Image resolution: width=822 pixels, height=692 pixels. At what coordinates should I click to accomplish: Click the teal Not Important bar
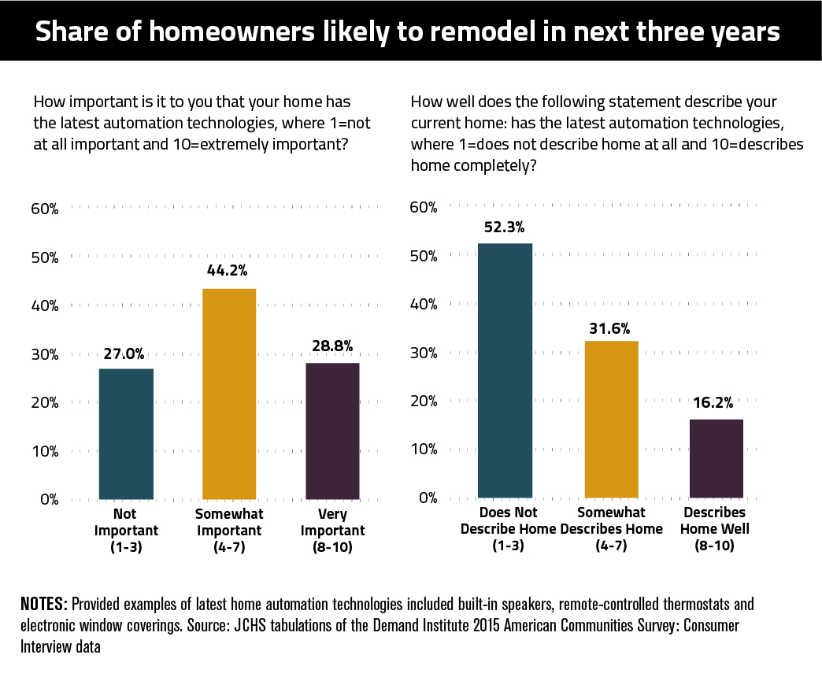[126, 434]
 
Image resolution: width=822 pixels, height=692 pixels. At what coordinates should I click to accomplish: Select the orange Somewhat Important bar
[229, 394]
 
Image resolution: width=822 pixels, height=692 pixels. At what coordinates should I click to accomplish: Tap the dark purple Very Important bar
[332, 431]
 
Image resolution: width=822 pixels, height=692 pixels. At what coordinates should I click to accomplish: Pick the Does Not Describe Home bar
[505, 371]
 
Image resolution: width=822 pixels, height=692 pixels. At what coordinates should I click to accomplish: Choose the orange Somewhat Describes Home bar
[611, 419]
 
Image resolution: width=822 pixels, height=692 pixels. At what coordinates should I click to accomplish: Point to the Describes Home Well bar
[716, 458]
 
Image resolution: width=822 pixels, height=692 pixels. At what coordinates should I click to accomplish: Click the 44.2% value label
[228, 271]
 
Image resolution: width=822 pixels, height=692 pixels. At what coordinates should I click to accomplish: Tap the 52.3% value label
[505, 226]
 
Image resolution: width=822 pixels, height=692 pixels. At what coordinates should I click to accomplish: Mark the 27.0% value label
[125, 354]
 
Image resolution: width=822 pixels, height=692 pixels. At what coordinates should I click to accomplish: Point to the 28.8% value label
[332, 346]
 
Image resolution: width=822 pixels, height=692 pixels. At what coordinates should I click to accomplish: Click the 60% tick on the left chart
[46, 209]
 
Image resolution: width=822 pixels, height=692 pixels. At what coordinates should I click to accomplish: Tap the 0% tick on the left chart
[49, 499]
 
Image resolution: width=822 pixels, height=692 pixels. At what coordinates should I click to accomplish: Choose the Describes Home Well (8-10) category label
[715, 529]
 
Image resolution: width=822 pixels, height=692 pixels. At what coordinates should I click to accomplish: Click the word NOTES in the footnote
[43, 605]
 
